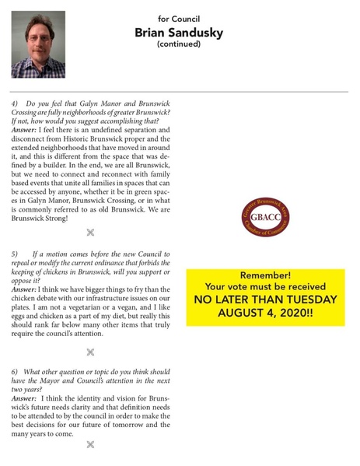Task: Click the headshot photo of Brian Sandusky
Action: [38, 44]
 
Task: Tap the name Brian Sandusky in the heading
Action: [179, 32]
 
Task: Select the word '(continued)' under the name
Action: [179, 44]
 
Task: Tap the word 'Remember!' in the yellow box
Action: [264, 276]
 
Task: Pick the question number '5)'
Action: [16, 254]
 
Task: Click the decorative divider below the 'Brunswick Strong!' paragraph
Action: [90, 232]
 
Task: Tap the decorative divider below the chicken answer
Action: [90, 352]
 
